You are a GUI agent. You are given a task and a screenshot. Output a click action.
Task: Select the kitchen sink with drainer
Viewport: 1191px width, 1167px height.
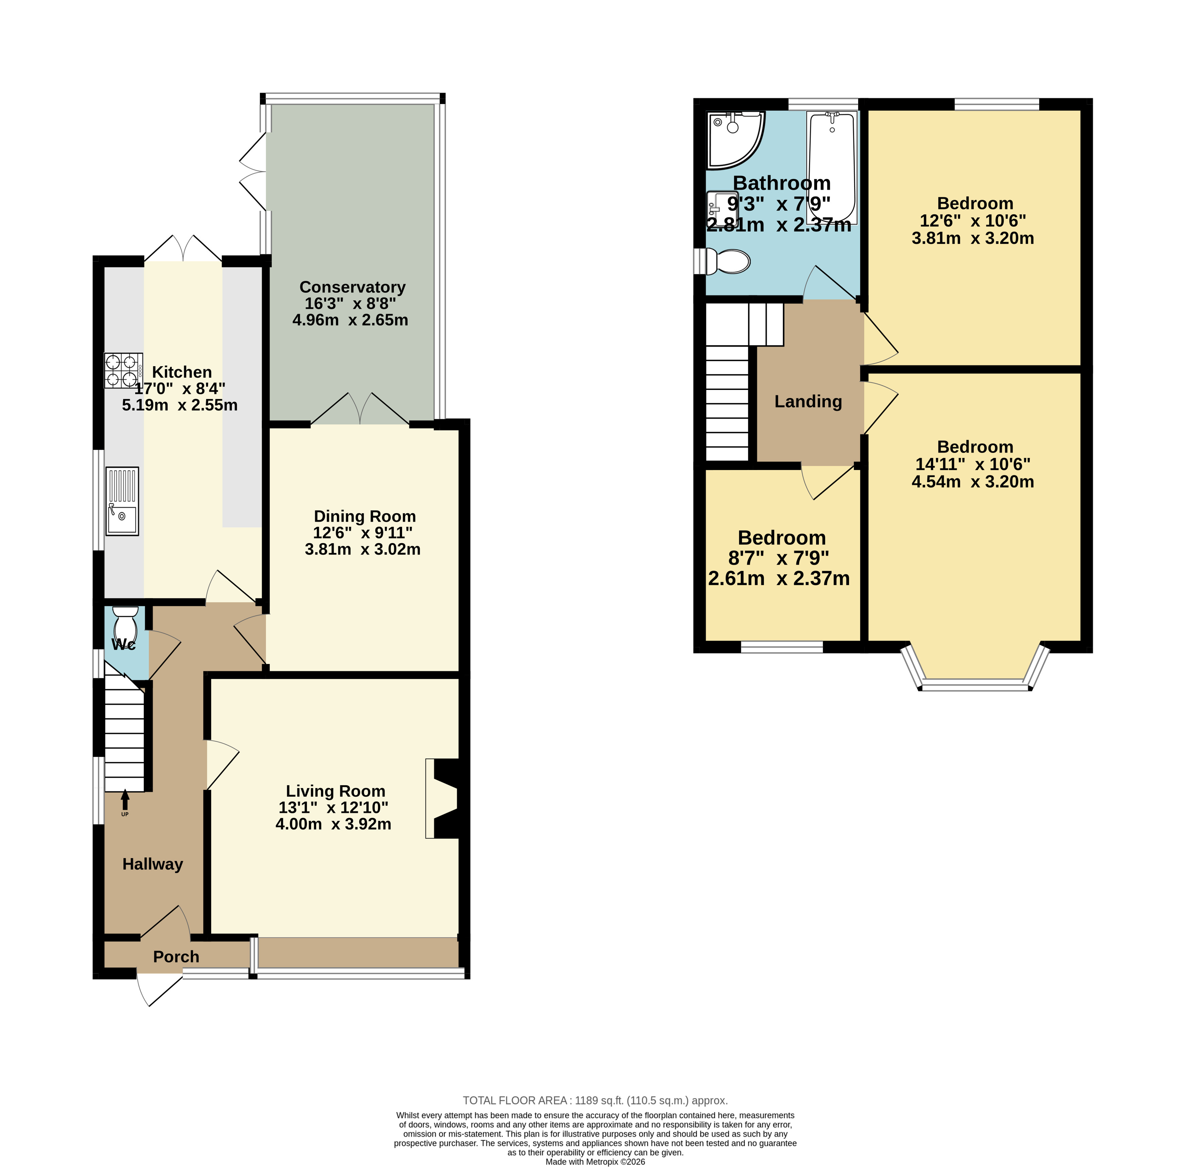pos(122,501)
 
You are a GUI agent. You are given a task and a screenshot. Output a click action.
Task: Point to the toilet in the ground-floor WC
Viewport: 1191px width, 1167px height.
pos(126,623)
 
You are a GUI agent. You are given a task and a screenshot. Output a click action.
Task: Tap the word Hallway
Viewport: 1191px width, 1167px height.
pos(152,864)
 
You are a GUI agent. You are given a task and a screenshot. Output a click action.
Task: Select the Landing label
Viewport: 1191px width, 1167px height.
pos(808,401)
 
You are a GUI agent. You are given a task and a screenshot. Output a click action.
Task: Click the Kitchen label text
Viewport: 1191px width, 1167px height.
pos(182,372)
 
